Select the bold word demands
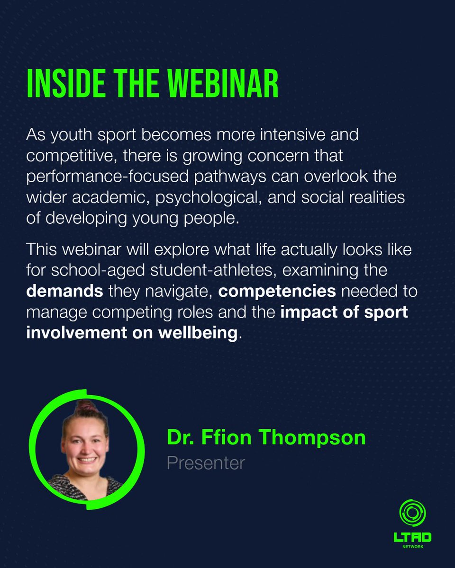(64, 291)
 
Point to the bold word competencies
(277, 291)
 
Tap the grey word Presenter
(206, 463)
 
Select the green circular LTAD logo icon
(412, 513)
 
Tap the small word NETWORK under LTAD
(412, 547)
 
